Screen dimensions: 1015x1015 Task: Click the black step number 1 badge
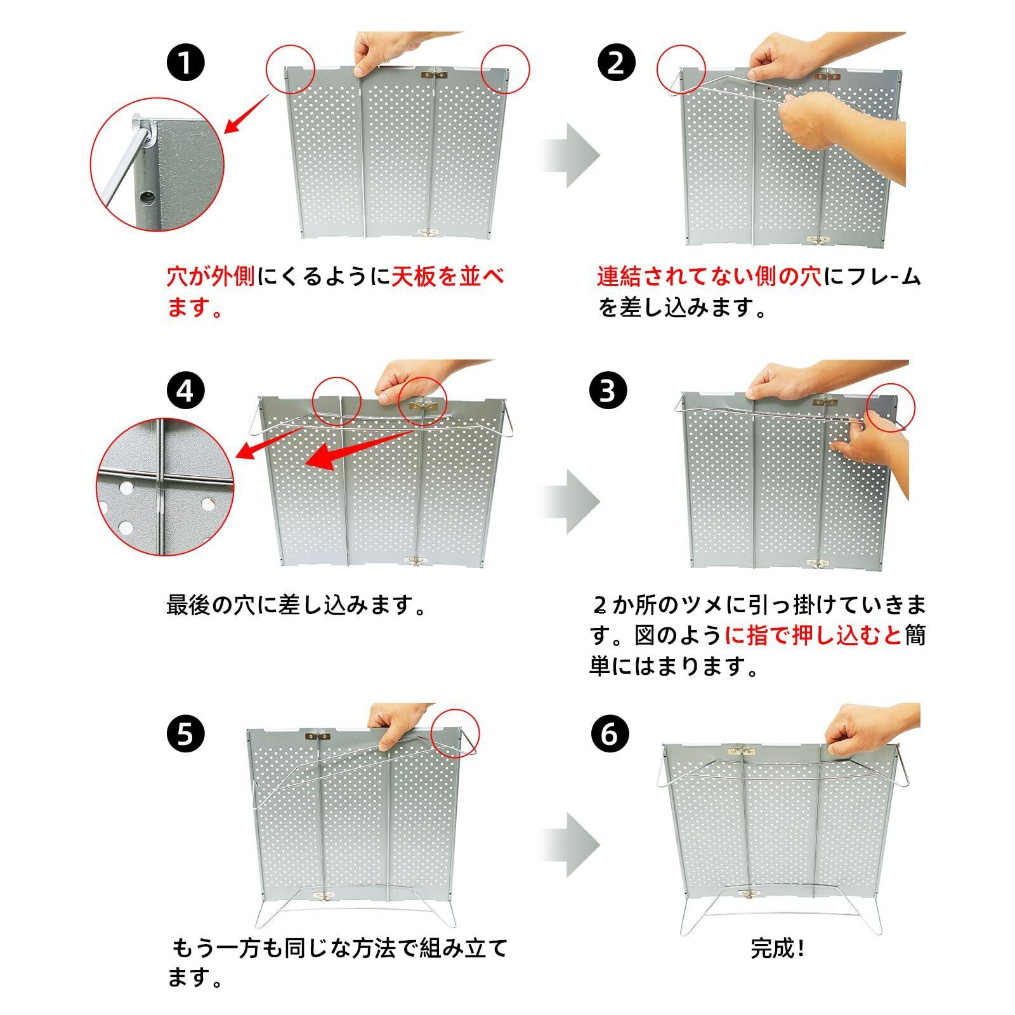pos(185,63)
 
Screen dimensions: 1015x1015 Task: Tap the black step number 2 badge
pos(615,63)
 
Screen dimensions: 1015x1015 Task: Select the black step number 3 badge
pos(608,390)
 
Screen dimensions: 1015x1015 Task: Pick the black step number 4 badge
pos(185,391)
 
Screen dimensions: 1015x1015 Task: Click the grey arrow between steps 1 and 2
pos(568,155)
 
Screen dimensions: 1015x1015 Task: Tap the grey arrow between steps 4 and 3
pos(568,502)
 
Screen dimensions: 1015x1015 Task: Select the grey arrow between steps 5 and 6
pos(568,845)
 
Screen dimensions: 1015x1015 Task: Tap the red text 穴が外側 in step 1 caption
pos(211,277)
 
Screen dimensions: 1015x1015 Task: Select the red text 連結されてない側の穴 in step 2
pos(709,277)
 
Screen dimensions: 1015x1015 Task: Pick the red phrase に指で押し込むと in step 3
pos(813,635)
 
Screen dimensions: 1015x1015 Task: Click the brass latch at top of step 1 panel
pos(433,75)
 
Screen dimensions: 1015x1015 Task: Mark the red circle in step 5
pos(455,733)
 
